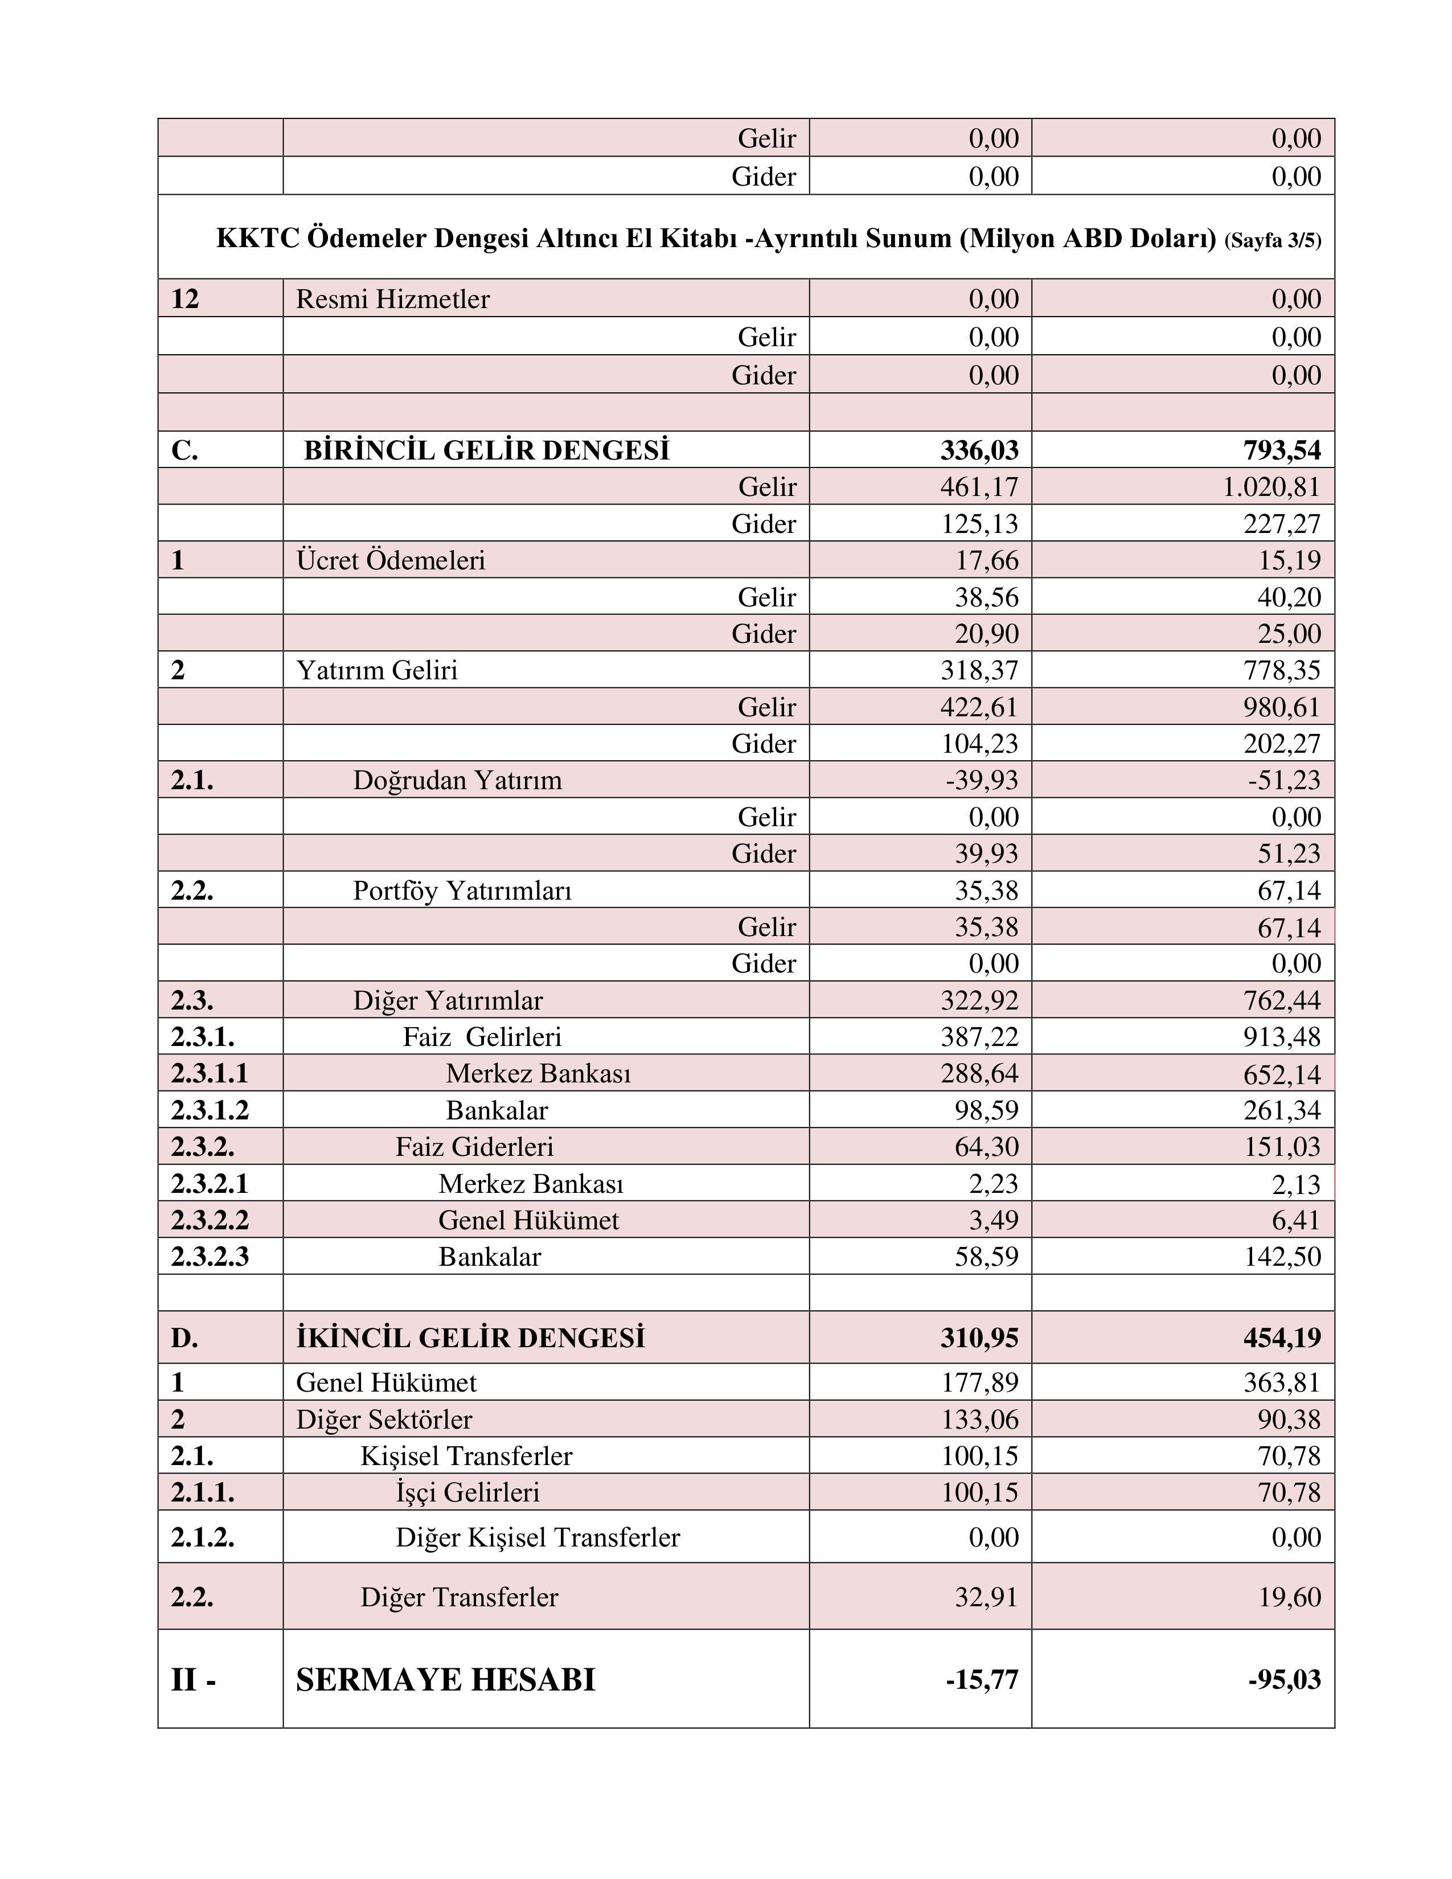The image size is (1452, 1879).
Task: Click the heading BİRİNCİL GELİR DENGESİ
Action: [486, 450]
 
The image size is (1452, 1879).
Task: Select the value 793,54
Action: [1282, 450]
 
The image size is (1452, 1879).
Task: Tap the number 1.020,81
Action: [1271, 487]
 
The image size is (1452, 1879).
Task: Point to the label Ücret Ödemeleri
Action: [391, 560]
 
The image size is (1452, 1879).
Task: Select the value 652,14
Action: [1282, 1074]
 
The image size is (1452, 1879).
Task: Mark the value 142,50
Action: [1282, 1257]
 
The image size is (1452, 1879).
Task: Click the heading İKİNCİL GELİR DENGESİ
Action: [470, 1338]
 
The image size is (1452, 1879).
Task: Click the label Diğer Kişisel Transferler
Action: [538, 1537]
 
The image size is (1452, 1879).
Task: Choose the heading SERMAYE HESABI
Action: [446, 1679]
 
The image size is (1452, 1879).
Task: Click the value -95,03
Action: [1284, 1679]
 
